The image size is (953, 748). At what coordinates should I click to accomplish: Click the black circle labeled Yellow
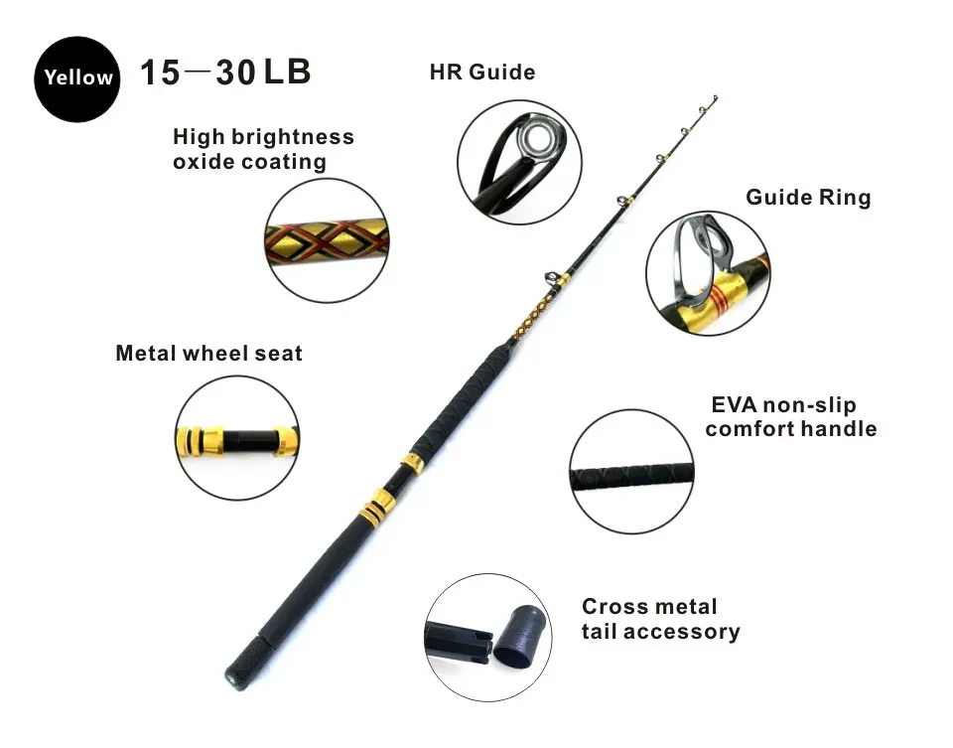point(77,79)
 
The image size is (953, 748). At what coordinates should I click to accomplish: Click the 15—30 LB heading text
point(225,72)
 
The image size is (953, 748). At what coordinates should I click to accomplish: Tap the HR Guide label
point(482,73)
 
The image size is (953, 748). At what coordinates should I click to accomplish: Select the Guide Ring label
point(808,198)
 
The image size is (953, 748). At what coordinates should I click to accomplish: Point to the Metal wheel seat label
point(209,354)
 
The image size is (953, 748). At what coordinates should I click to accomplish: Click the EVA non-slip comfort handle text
point(791,416)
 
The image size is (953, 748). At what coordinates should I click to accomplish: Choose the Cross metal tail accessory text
point(661,619)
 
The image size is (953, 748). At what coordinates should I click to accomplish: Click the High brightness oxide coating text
point(263,149)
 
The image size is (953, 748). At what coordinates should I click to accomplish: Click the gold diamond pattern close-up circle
point(327,240)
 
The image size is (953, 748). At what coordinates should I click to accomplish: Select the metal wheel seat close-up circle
point(237,438)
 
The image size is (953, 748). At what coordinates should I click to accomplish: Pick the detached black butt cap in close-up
point(519,637)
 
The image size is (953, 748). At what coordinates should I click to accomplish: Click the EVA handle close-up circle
point(632,472)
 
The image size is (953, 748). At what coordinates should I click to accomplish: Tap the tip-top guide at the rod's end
point(715,98)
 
